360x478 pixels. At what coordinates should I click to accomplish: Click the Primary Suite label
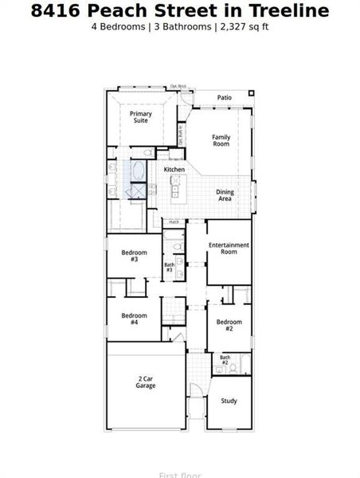141,117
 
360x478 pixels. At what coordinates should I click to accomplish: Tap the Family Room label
221,140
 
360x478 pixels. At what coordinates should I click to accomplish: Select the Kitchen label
174,170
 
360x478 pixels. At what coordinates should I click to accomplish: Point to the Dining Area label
225,194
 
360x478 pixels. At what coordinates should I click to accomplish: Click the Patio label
225,98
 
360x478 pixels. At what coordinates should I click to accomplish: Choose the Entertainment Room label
229,248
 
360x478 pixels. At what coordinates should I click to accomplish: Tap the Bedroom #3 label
135,256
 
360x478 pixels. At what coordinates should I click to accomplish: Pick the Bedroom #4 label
135,319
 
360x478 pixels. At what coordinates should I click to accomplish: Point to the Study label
229,401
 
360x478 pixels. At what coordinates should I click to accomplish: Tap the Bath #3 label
169,268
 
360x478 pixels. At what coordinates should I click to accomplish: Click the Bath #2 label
225,360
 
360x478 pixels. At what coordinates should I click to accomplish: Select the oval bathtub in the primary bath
139,171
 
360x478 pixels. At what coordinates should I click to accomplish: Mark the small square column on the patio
252,93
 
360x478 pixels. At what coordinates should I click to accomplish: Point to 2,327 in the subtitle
231,26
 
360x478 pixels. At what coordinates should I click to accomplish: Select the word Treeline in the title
289,10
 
